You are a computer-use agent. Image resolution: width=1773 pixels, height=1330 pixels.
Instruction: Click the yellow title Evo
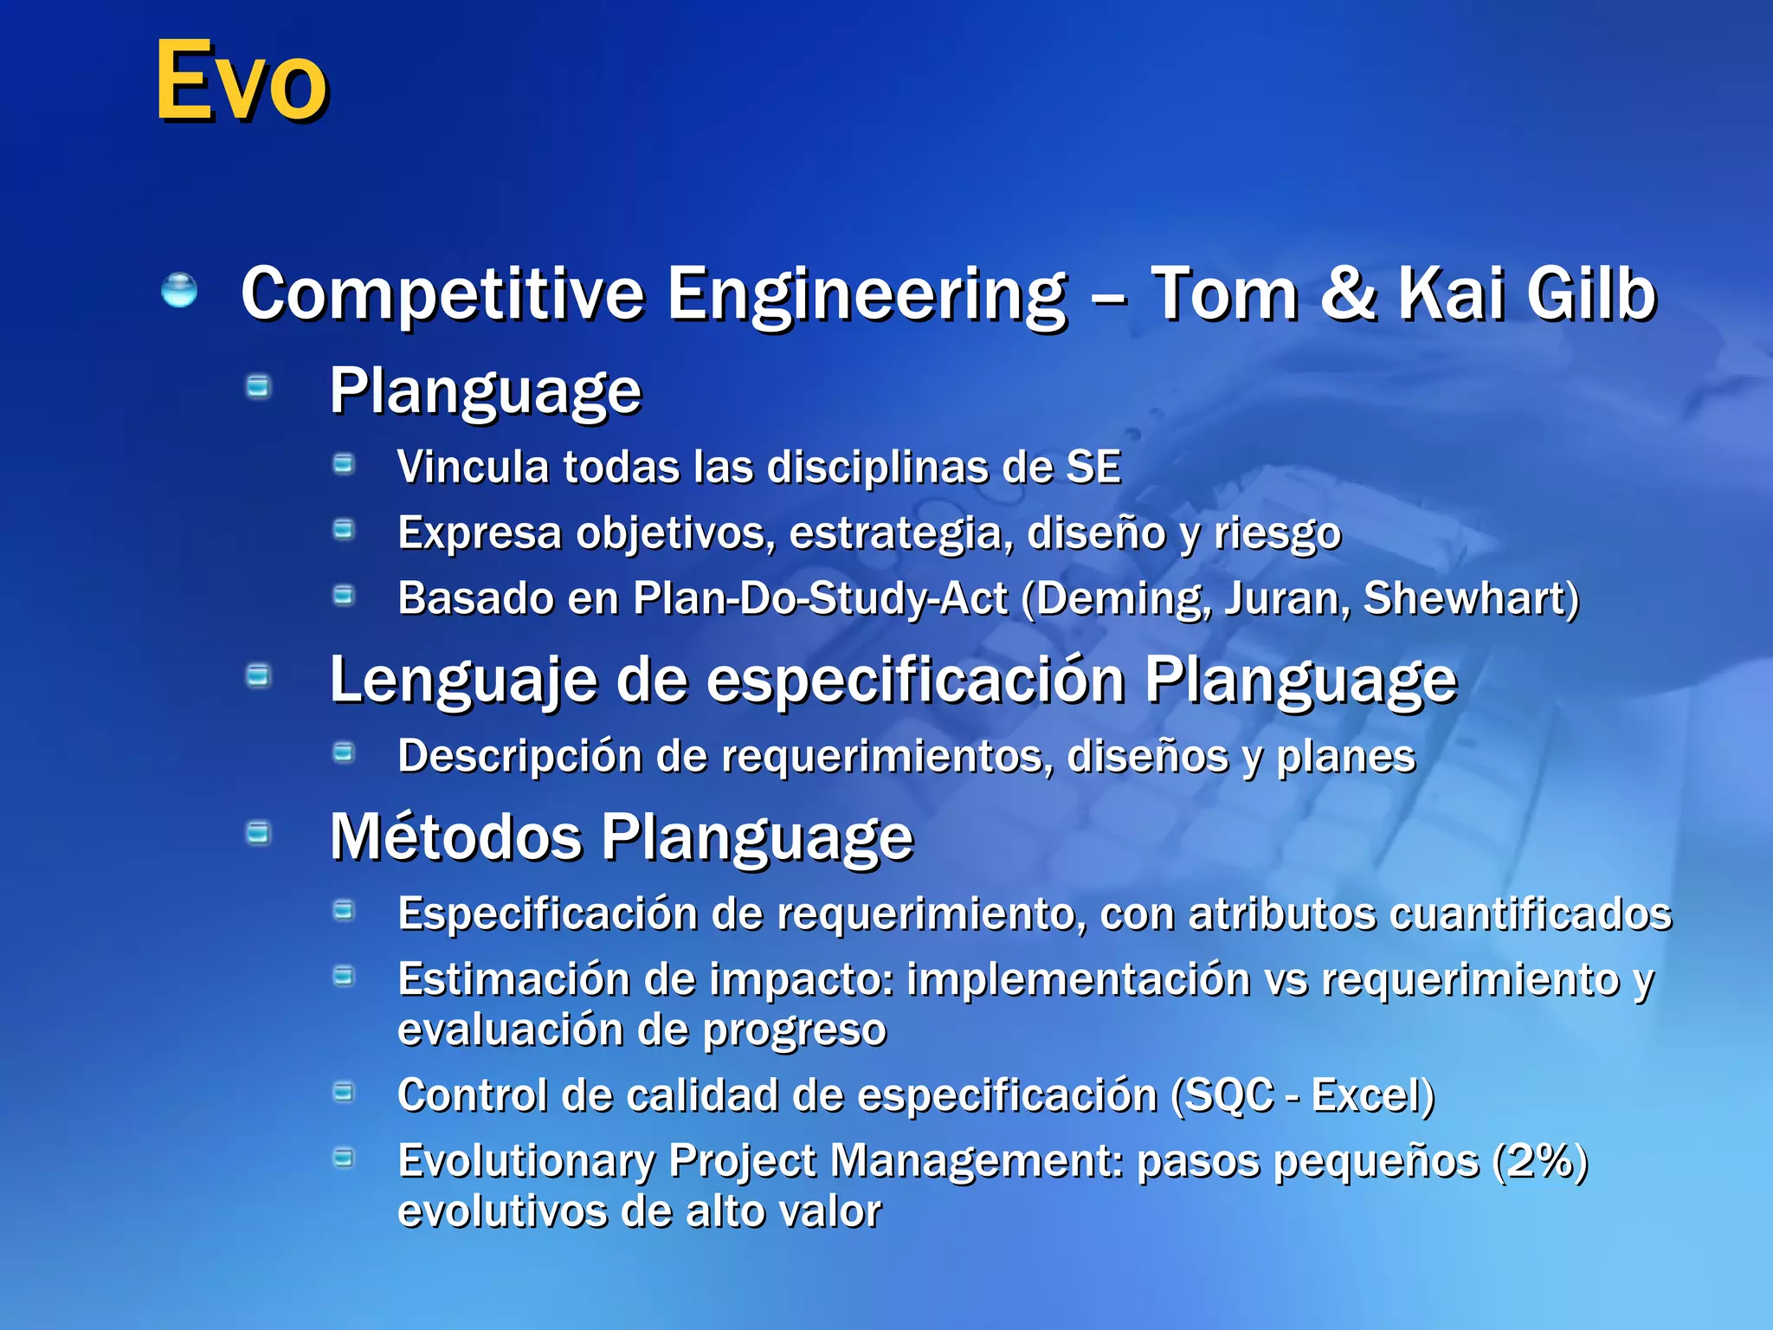242,81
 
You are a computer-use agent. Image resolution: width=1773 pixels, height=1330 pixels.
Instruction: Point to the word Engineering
867,295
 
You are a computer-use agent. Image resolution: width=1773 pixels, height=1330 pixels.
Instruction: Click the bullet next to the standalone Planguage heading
258,386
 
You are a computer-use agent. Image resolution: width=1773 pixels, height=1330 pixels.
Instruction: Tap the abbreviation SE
1093,467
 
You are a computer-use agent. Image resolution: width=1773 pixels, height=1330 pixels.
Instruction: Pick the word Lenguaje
463,681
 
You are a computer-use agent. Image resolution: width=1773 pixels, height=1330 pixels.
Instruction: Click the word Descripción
519,756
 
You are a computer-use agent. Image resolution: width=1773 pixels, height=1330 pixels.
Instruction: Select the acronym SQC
1228,1095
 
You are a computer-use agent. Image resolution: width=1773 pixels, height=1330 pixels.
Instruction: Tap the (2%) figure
1541,1161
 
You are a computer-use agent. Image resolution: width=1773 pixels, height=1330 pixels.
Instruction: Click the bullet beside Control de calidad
345,1093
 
